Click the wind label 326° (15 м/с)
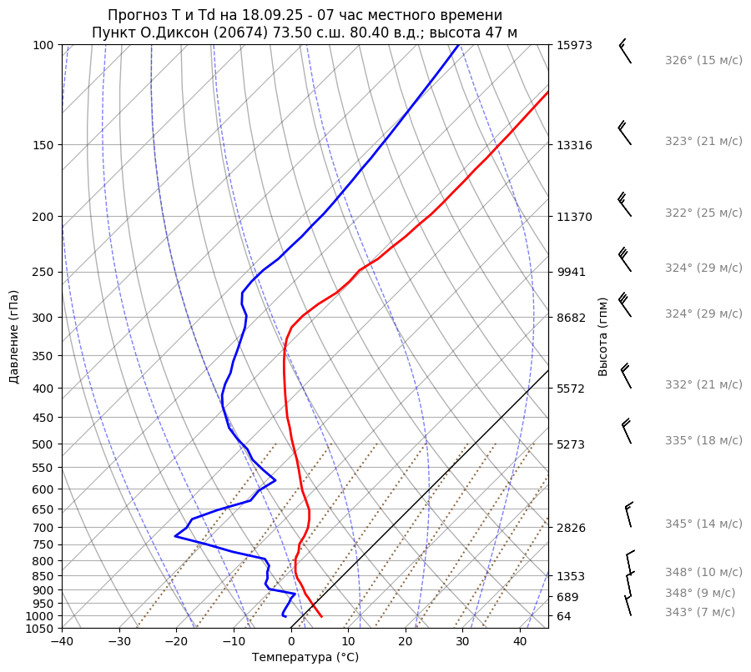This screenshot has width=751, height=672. (703, 61)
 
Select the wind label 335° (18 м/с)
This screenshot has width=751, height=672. (703, 440)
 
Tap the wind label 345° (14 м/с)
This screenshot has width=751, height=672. (703, 524)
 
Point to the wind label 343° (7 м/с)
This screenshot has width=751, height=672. (699, 612)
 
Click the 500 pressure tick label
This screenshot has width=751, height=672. (43, 444)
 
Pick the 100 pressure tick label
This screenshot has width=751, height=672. (43, 45)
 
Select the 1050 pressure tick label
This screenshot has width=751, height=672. (40, 629)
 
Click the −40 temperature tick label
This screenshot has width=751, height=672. (62, 642)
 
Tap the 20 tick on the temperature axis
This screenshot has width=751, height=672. (406, 642)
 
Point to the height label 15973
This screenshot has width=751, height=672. (574, 45)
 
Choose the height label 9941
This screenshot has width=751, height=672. (572, 272)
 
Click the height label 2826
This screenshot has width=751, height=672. (572, 528)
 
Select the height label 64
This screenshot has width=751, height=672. (565, 616)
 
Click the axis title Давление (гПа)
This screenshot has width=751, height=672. (14, 337)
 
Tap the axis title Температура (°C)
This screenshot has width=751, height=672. (305, 658)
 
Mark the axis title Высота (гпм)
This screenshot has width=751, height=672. (603, 336)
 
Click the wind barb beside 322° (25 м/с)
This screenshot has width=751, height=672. (624, 204)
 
